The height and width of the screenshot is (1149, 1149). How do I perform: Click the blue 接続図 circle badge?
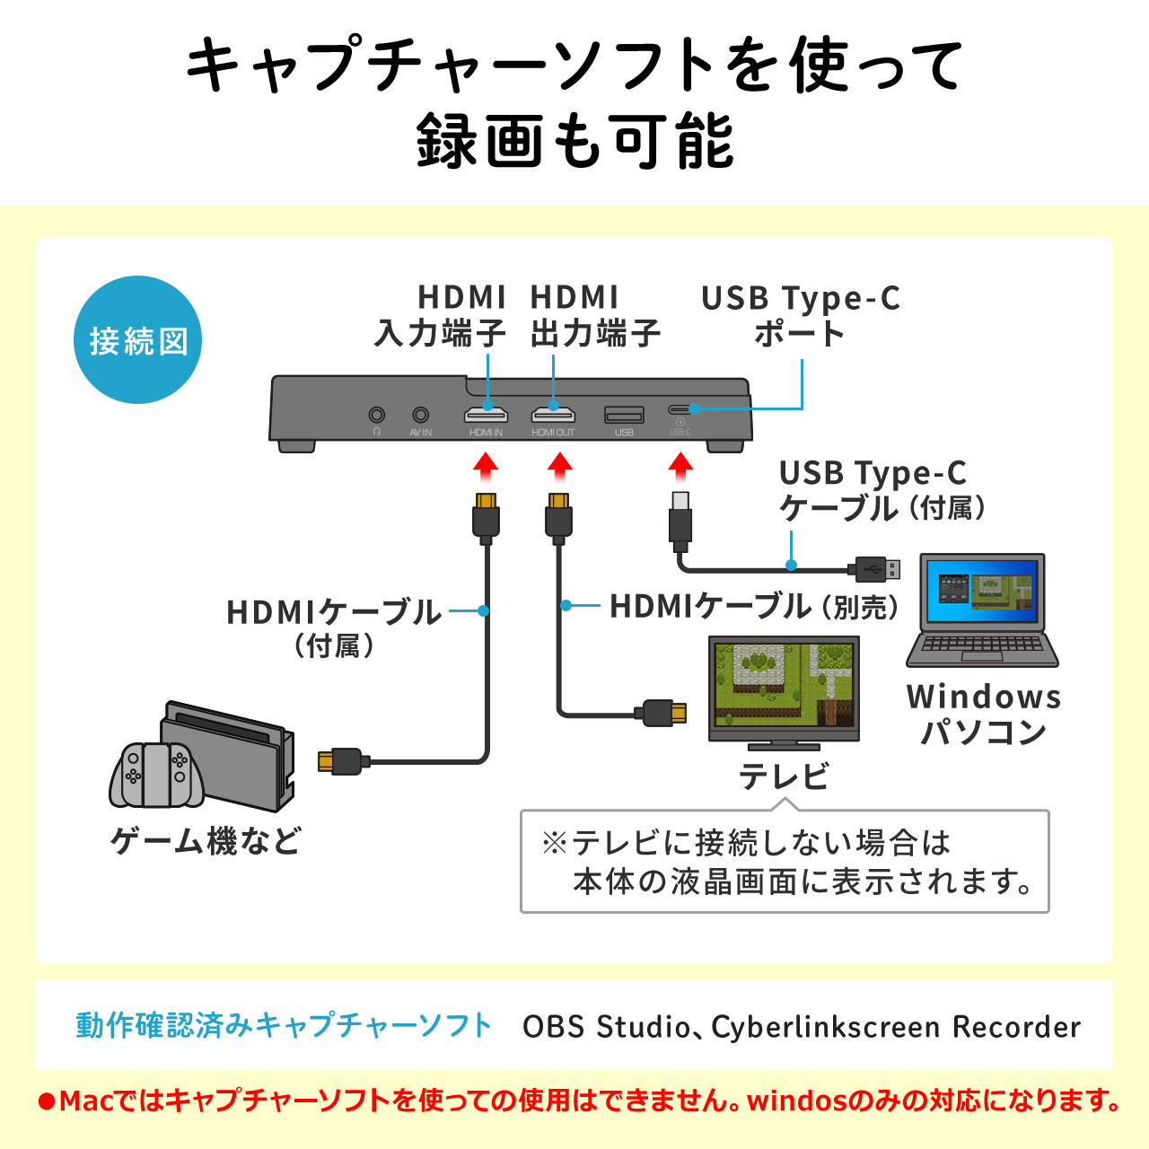(x=137, y=340)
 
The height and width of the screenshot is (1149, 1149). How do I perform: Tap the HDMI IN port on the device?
(x=486, y=415)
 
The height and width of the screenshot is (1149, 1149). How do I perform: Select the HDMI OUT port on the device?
(x=553, y=415)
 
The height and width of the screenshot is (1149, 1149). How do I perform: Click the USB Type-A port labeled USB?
(x=624, y=415)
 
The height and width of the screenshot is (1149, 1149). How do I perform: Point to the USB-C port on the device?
(x=680, y=409)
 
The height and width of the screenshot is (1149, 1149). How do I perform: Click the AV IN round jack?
(x=420, y=415)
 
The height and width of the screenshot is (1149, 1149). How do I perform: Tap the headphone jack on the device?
(x=377, y=415)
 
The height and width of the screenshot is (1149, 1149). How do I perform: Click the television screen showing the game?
(x=784, y=684)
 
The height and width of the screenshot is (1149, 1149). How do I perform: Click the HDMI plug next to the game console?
(x=339, y=761)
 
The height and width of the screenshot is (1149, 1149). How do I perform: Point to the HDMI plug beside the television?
(x=665, y=714)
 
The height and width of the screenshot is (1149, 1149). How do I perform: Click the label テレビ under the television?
(x=784, y=776)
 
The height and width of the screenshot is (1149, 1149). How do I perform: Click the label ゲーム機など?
(x=206, y=841)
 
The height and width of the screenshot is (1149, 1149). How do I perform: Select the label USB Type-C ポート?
(x=800, y=315)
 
